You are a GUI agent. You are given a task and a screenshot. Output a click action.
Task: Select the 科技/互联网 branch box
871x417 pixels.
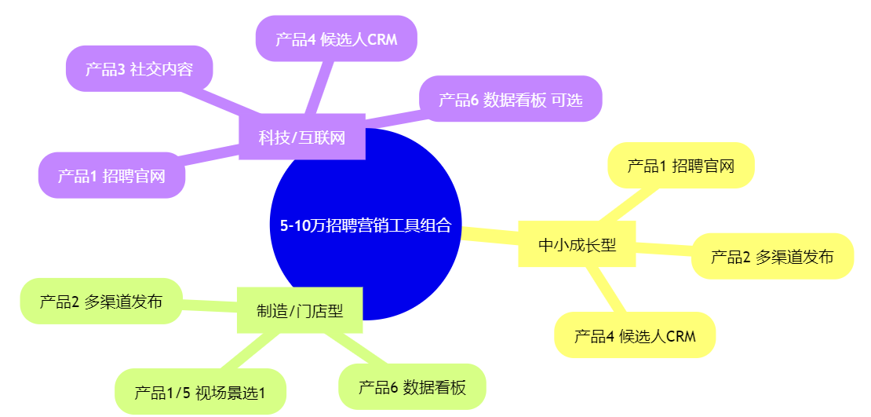(301, 137)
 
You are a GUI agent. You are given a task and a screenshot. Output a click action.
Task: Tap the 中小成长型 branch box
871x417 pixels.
(577, 245)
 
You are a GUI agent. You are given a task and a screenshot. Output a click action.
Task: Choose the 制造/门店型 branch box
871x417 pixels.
(300, 310)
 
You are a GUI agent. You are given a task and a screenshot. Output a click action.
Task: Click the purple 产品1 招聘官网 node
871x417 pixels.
(111, 175)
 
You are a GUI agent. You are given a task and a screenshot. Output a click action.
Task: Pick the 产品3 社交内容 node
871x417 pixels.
(139, 68)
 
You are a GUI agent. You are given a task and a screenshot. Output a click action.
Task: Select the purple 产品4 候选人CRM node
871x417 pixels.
(336, 38)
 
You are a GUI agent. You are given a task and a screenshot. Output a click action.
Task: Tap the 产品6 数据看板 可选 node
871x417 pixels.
(510, 99)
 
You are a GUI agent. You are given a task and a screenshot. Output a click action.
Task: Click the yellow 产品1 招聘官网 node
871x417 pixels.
(680, 166)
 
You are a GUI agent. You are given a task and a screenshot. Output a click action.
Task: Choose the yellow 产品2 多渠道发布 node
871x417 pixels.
(771, 256)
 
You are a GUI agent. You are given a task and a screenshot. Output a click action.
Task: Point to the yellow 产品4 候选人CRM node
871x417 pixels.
(634, 335)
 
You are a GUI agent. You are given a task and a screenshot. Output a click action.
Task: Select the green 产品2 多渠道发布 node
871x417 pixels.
(100, 301)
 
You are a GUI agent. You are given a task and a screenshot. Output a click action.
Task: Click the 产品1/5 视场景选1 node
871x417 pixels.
(200, 391)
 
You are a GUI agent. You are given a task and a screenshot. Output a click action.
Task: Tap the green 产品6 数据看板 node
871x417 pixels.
(412, 386)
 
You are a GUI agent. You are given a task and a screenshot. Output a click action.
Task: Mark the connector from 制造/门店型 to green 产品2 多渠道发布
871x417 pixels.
(210, 305)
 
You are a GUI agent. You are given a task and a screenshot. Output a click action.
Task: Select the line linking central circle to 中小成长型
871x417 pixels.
(490, 235)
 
